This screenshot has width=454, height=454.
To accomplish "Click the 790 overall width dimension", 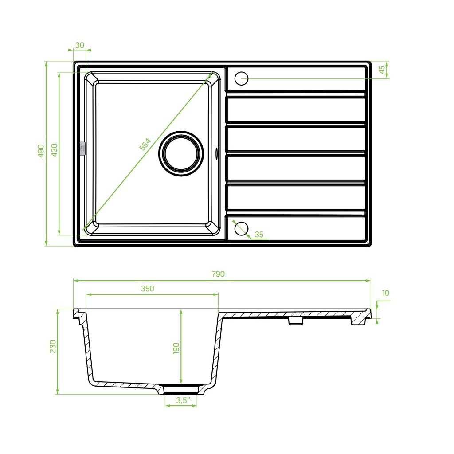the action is (x=218, y=274).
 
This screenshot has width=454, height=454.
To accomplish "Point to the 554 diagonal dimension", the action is (x=145, y=145).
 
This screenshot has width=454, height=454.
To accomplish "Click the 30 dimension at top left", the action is (x=80, y=45).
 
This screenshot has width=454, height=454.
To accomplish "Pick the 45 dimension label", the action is (x=381, y=70).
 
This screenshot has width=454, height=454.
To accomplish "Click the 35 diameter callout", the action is (x=260, y=234).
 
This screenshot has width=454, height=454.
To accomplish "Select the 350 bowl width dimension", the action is (x=148, y=289).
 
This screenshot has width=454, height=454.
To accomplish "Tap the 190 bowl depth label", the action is (x=176, y=348).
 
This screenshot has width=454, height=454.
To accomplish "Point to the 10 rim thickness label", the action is (x=385, y=293).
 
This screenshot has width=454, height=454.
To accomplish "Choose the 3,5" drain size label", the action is (x=180, y=400).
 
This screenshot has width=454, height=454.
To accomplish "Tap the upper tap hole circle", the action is (x=242, y=79).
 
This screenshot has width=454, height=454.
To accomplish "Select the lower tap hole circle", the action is (x=242, y=227).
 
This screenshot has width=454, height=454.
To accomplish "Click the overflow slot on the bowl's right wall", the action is (x=216, y=153).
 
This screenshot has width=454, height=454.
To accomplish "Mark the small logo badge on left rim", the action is (x=82, y=149).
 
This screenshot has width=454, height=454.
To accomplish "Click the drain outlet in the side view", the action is (x=181, y=389).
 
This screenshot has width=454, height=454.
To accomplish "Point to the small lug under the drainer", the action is (x=295, y=321).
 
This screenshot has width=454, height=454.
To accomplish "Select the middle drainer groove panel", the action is (x=296, y=138).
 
